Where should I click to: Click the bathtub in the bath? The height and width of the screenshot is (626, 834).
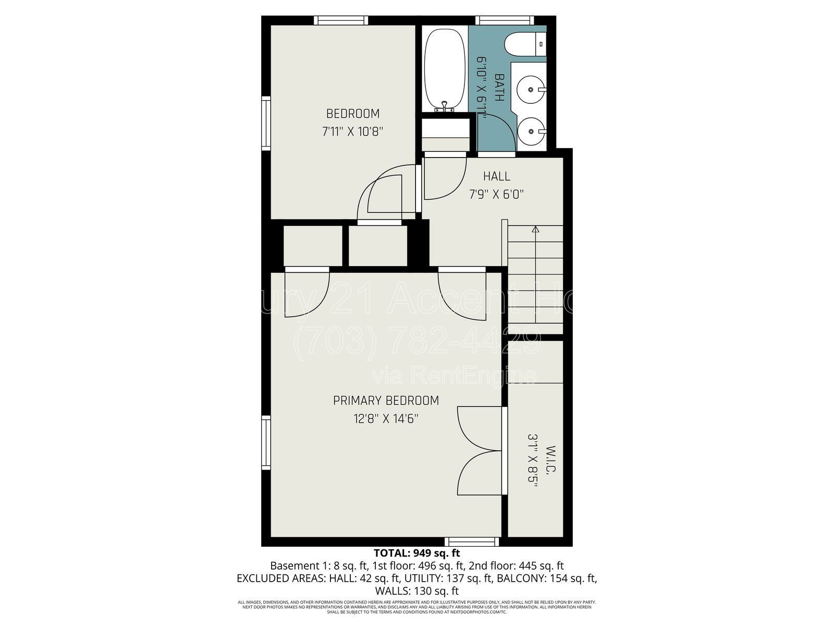tap(444, 69)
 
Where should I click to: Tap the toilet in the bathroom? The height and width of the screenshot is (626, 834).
tap(524, 44)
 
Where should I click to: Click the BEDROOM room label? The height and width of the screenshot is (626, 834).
tap(353, 113)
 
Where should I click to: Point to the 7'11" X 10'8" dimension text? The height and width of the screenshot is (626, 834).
tap(353, 131)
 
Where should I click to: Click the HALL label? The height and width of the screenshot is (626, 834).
tap(496, 176)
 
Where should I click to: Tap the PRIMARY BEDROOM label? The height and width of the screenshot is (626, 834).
tap(386, 400)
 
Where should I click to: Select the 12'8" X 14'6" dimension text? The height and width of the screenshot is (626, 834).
tap(386, 418)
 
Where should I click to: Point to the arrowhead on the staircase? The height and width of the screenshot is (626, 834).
tap(535, 228)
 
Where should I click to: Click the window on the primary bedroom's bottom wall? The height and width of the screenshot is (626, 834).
tap(472, 541)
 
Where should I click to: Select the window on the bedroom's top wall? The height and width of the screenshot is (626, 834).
tap(341, 20)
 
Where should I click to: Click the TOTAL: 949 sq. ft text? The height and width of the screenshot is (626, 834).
tap(416, 553)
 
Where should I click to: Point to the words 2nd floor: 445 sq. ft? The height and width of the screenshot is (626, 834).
tap(516, 565)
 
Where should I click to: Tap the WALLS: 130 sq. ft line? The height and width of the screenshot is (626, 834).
tap(416, 591)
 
